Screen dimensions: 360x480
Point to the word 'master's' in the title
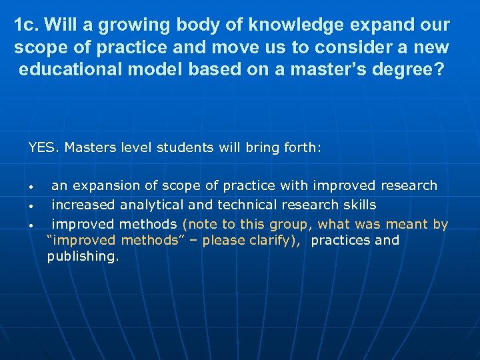coord(331,71)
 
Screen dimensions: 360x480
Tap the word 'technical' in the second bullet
coord(246,205)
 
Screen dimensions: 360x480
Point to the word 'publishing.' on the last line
coord(83,257)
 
